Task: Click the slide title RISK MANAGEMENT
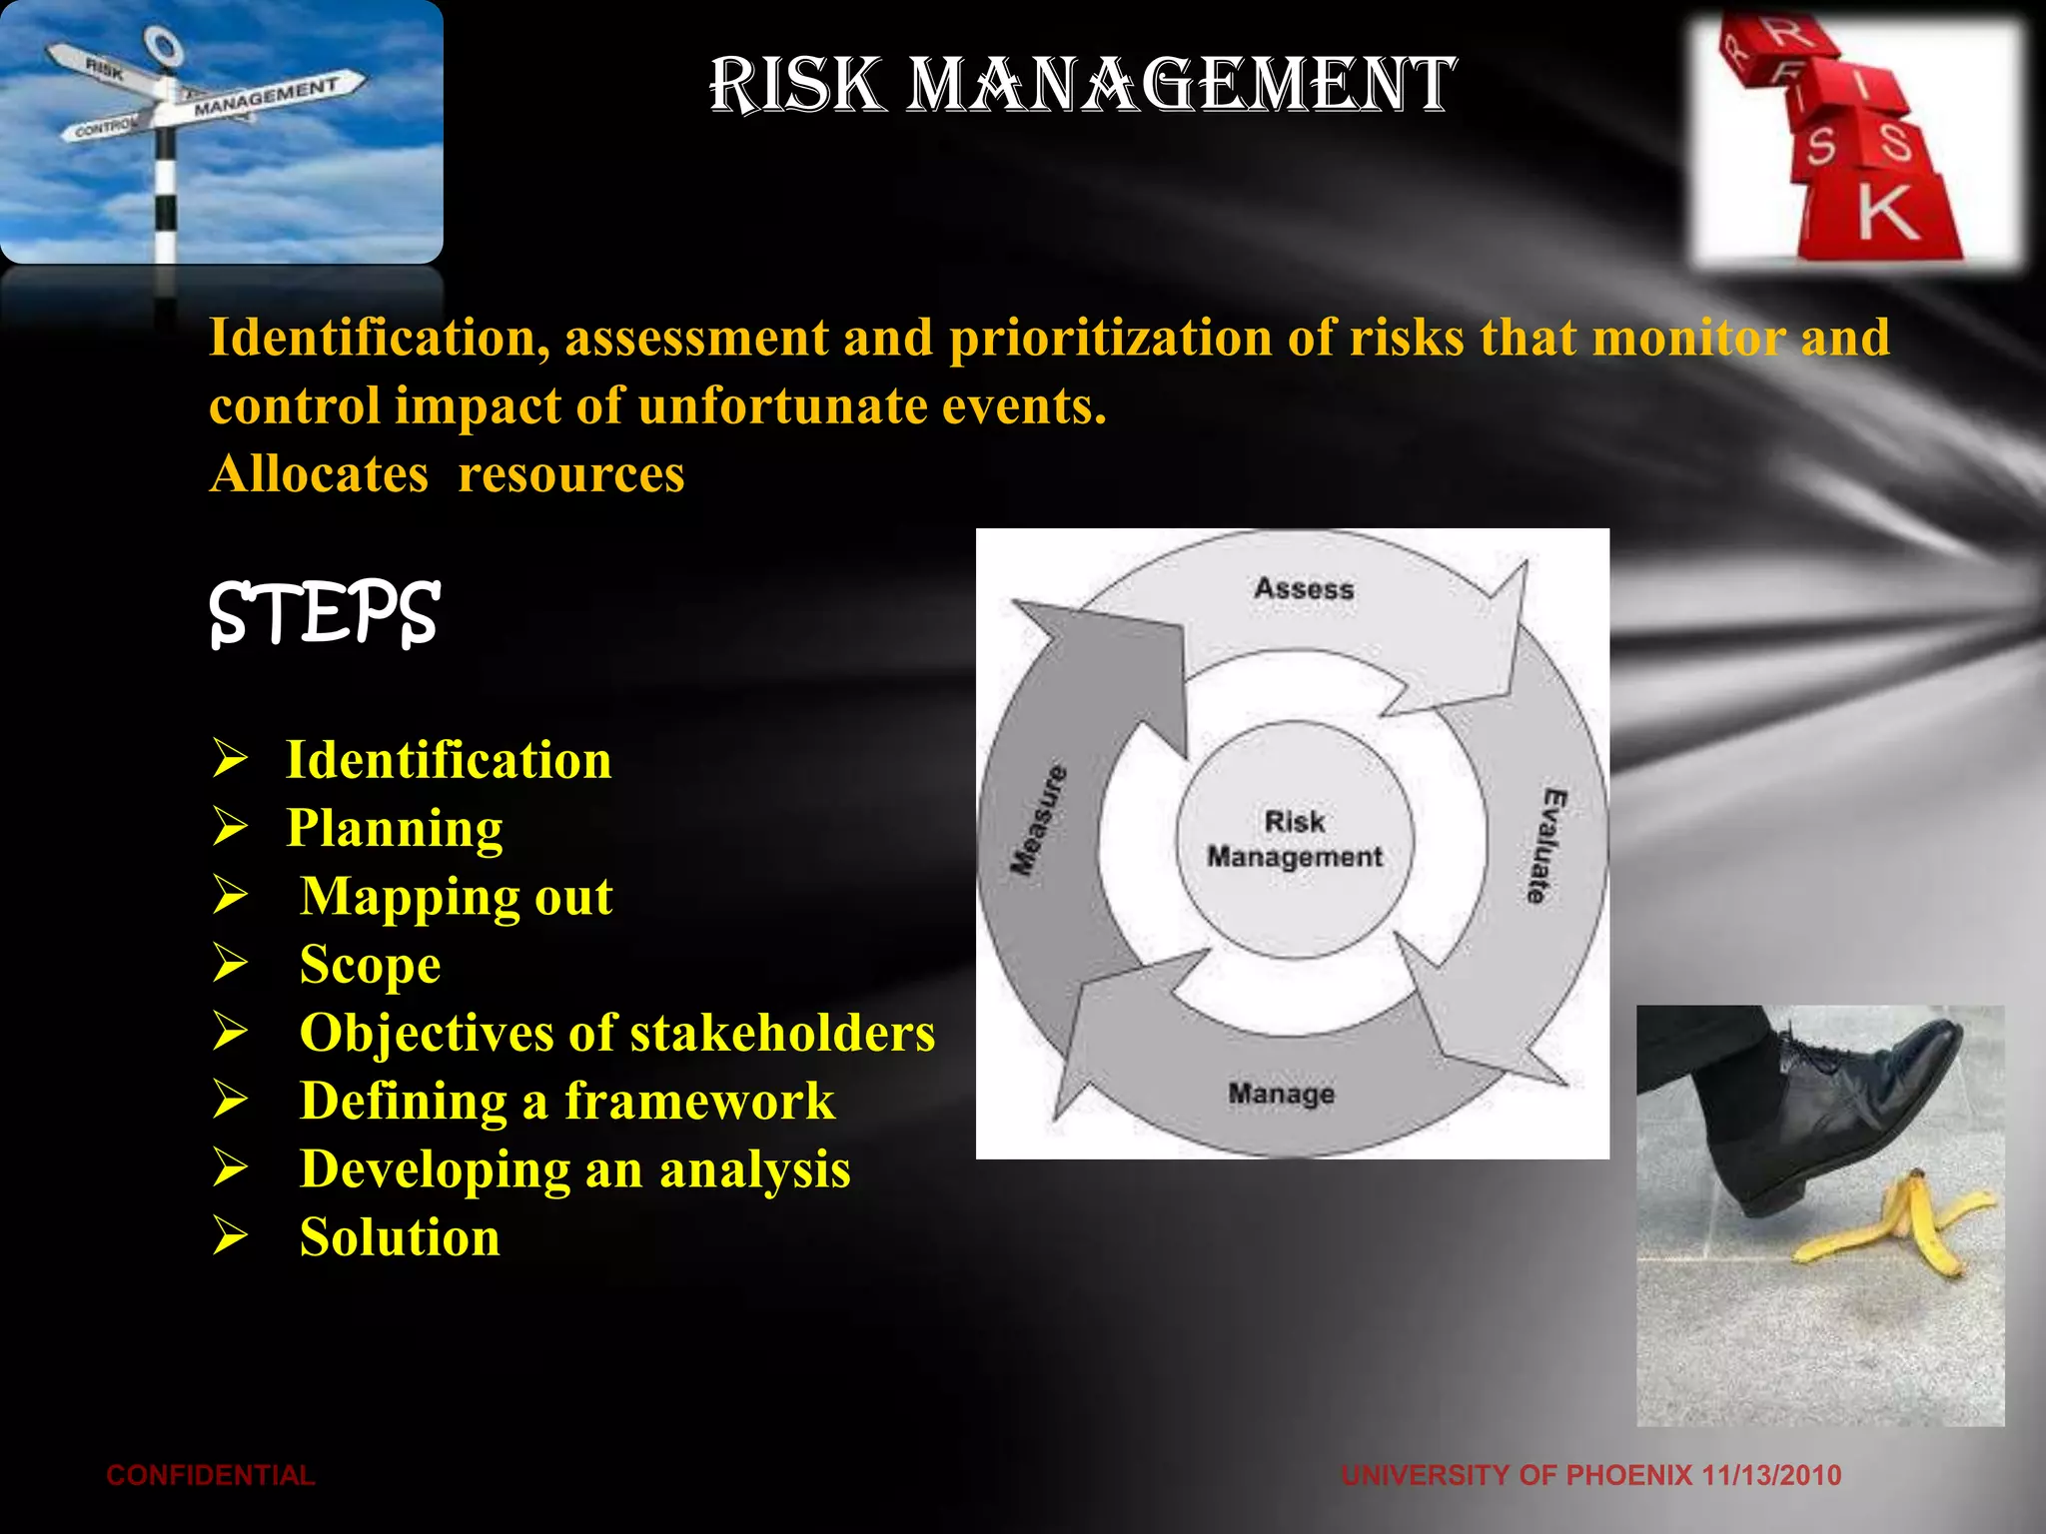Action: click(1082, 85)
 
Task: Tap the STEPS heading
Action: click(324, 613)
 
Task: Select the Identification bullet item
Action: click(449, 760)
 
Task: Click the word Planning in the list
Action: click(395, 828)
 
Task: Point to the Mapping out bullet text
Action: click(456, 896)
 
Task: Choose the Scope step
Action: click(370, 965)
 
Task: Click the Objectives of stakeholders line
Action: click(616, 1033)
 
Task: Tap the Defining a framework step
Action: click(566, 1101)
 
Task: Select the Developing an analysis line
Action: click(574, 1169)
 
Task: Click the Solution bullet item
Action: click(400, 1237)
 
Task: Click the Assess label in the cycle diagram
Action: click(1304, 589)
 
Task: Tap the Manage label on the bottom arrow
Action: click(1281, 1094)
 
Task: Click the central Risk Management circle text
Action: click(1295, 839)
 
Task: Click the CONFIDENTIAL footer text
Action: click(211, 1475)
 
